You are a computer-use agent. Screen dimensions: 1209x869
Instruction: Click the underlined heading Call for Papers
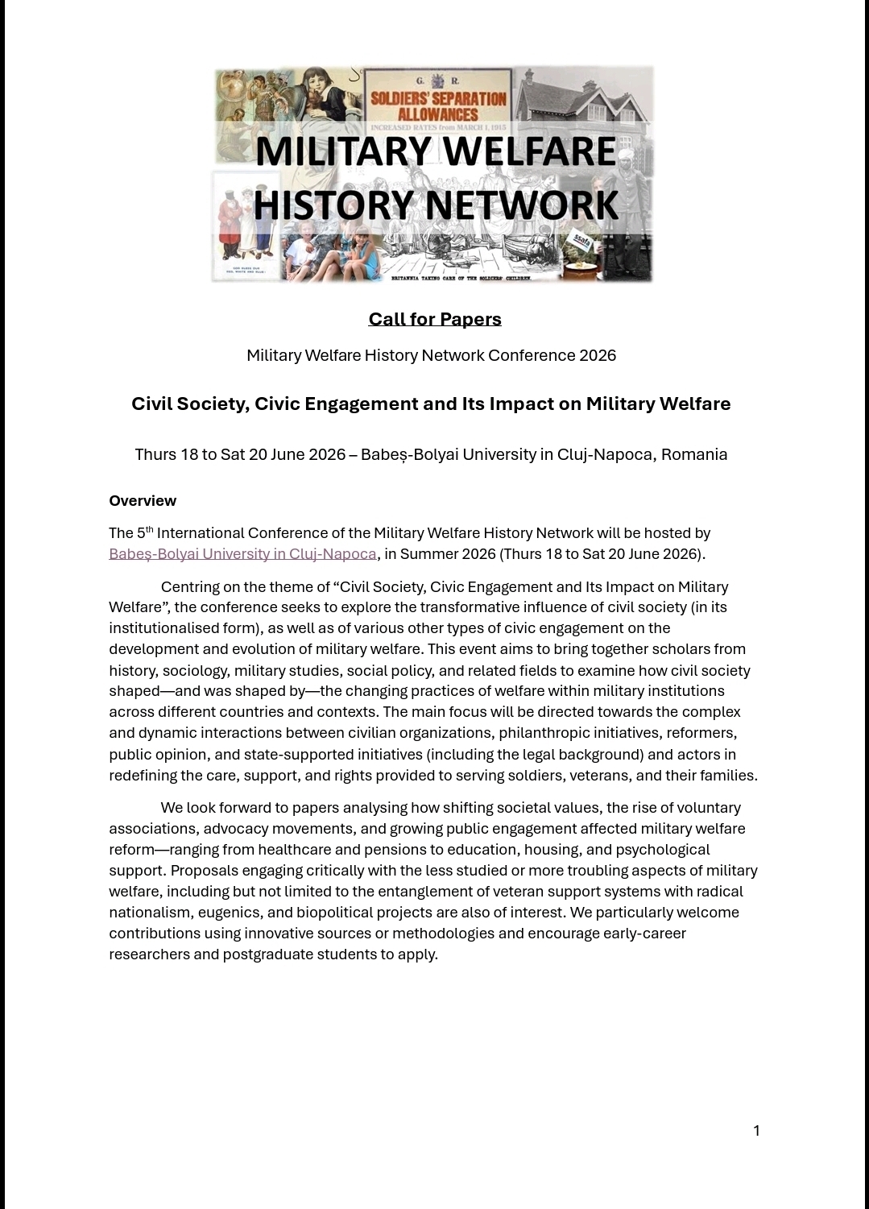click(x=435, y=319)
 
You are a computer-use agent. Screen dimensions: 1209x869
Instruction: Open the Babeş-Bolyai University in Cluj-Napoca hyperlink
click(x=242, y=553)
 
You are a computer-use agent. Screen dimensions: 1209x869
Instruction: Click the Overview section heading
click(x=143, y=500)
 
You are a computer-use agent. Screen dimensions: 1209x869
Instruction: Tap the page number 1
click(x=756, y=1130)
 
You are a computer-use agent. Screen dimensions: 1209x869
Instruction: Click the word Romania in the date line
click(x=694, y=454)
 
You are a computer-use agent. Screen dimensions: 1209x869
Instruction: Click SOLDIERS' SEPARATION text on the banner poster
click(x=438, y=99)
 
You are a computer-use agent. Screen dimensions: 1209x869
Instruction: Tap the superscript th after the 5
click(x=150, y=529)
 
